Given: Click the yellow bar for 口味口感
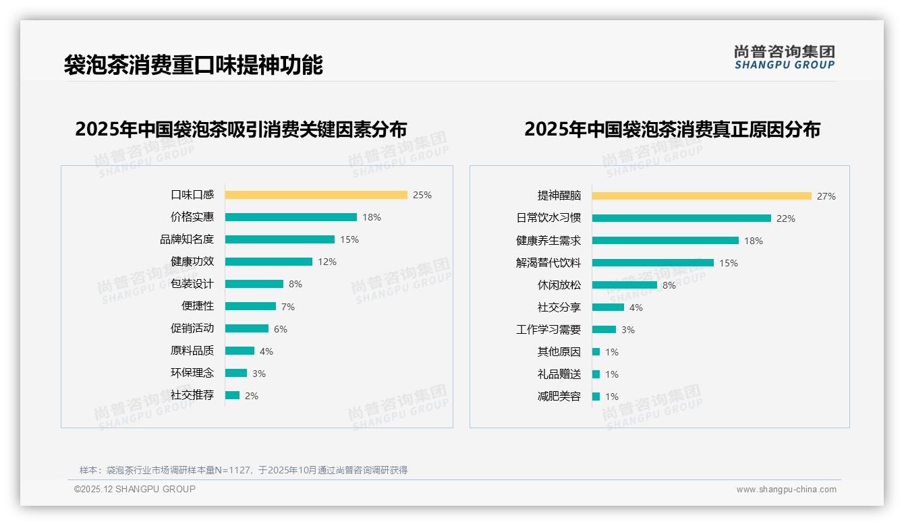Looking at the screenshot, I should click(316, 195).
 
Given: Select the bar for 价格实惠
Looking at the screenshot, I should click(291, 217).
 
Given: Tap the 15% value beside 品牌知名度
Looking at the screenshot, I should click(349, 239).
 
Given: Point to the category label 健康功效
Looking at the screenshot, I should click(192, 262).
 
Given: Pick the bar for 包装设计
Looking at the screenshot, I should click(254, 284).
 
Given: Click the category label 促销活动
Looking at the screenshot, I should click(192, 328).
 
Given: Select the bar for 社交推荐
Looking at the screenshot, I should click(232, 395).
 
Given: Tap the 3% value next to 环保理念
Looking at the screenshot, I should click(259, 374).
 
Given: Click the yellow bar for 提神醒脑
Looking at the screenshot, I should click(702, 196).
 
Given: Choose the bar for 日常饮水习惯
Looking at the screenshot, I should click(681, 218).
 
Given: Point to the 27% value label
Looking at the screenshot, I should click(826, 196).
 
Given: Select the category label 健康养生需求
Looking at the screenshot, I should click(548, 241).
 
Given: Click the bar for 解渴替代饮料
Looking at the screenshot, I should click(653, 263).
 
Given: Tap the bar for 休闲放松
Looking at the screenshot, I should click(625, 285).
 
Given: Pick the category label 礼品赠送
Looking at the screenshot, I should click(559, 374).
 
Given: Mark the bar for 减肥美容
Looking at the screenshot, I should click(596, 397).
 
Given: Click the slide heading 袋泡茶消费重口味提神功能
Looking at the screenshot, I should click(194, 65).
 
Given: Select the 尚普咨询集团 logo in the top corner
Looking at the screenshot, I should click(785, 57).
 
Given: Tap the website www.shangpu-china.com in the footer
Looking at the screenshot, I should click(786, 490).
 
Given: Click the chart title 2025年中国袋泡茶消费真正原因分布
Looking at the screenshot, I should click(672, 129).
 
